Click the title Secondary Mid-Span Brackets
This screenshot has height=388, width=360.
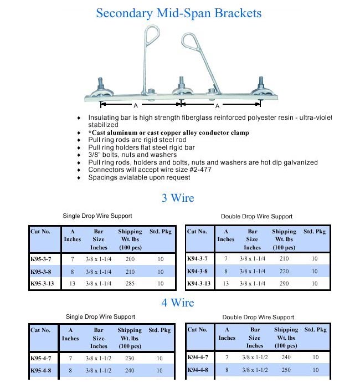point(179,13)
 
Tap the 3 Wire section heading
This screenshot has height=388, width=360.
point(178,198)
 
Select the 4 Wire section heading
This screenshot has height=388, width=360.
point(178,303)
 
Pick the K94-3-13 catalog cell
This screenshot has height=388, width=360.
point(199,283)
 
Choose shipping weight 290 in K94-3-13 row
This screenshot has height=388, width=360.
point(284,283)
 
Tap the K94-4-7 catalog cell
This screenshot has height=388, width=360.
point(198,357)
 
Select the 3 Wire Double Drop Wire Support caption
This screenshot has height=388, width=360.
point(257,216)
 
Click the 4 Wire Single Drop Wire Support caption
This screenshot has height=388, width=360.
point(100,316)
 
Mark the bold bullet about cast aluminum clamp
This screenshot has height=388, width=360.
point(168,133)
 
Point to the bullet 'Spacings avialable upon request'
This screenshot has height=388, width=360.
point(139,177)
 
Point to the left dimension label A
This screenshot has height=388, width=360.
point(135,105)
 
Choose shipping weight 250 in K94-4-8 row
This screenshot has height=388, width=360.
point(285,370)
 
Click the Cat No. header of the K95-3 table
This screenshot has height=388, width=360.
point(40,232)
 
